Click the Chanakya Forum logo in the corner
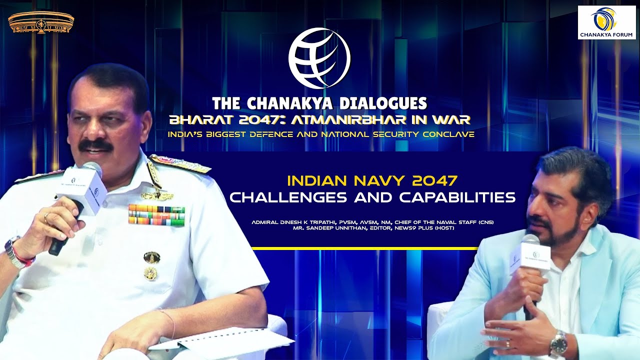click(605, 22)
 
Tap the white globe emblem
click(319, 58)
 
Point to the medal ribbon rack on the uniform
click(156, 214)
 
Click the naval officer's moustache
click(95, 145)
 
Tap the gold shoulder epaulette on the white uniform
click(179, 164)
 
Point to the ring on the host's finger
click(508, 343)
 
